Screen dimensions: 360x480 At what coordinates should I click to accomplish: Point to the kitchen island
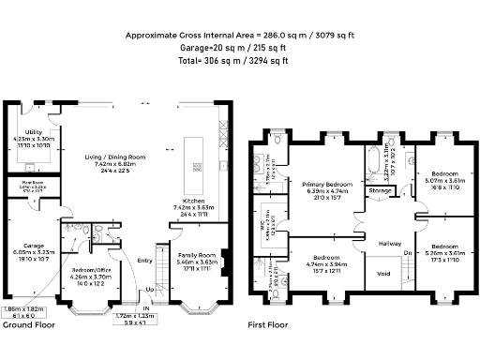198,155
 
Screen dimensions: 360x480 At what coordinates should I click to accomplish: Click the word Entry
144,261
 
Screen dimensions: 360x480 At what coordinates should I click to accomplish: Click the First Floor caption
267,325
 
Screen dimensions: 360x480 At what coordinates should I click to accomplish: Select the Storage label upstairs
381,190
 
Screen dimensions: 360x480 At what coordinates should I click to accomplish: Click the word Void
382,274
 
